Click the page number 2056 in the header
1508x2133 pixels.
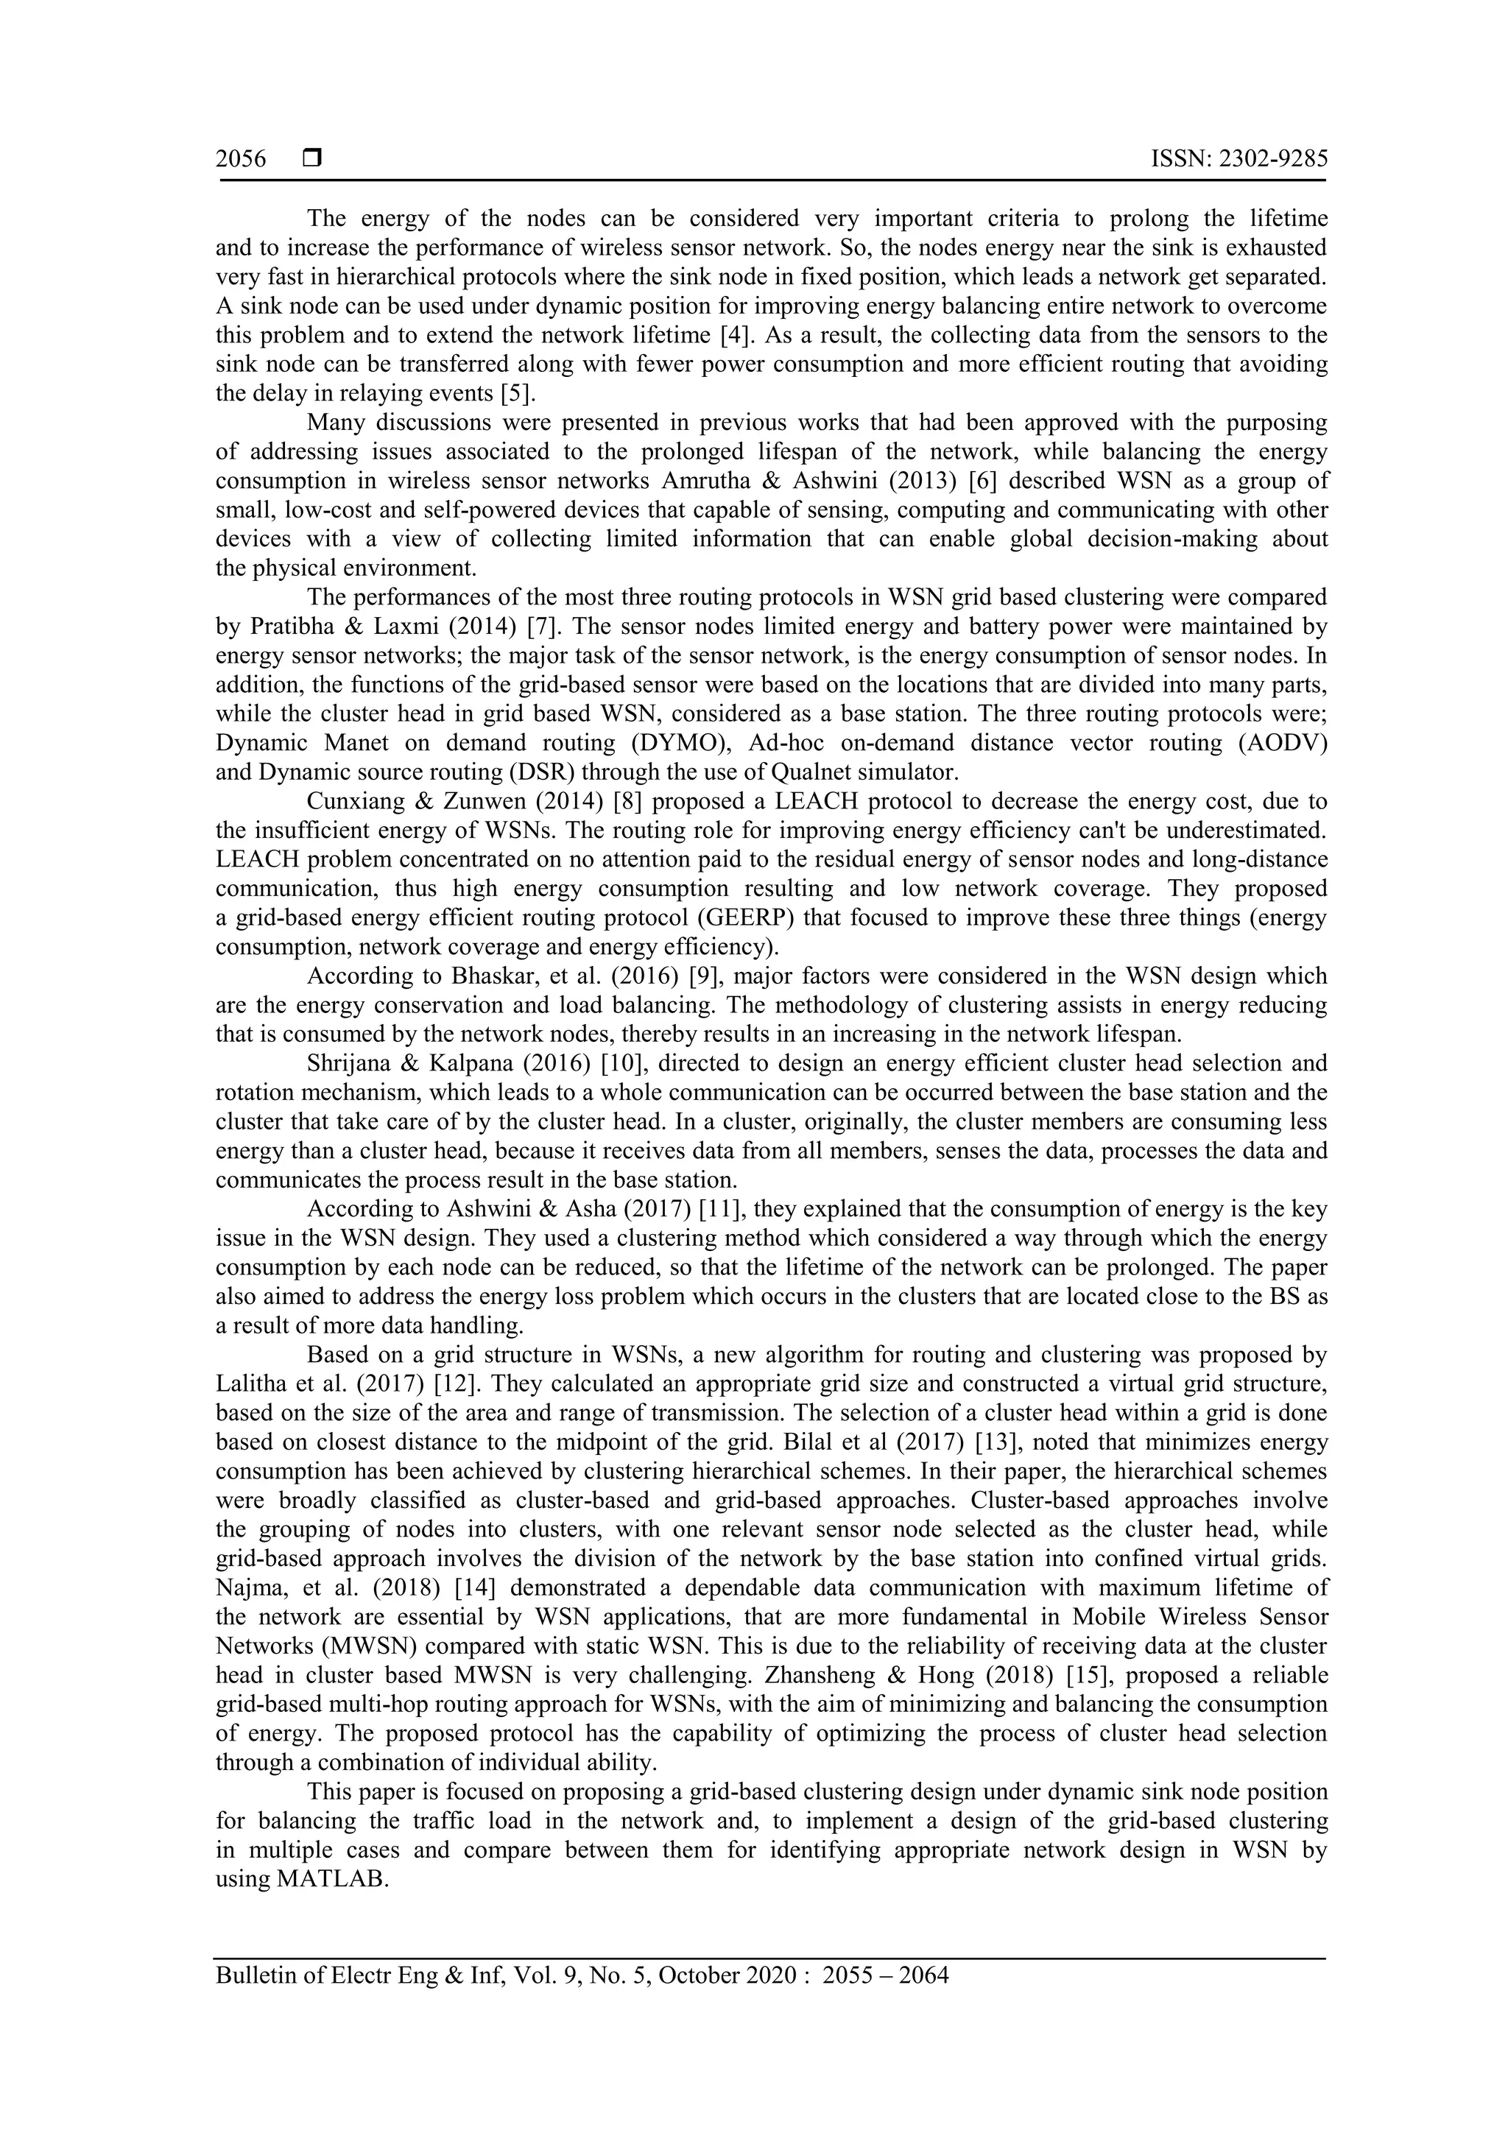(x=241, y=160)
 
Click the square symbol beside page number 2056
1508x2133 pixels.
(x=312, y=159)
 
